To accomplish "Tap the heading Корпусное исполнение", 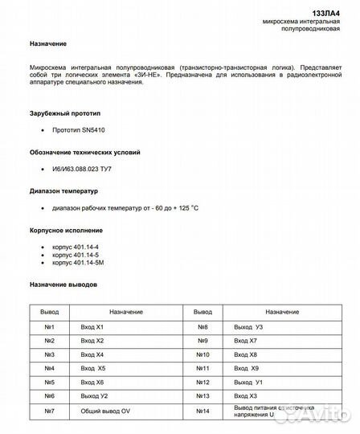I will pos(64,230).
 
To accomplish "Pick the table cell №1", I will pos(49,327).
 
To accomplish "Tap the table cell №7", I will pos(49,412).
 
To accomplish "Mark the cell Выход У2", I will pos(95,397).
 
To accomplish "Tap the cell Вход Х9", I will pos(247,369).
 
